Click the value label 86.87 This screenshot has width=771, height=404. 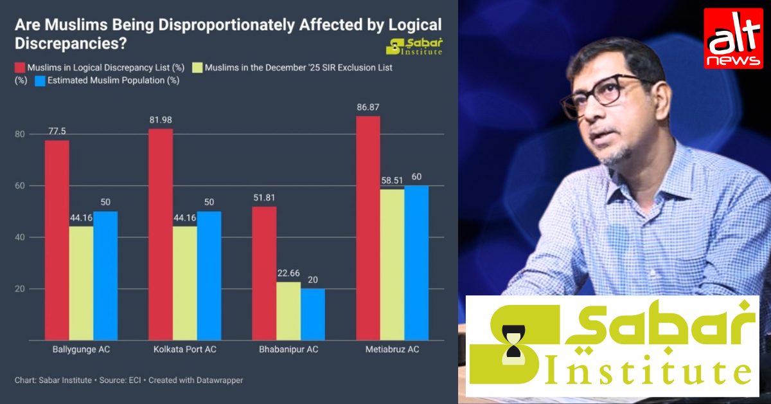(368, 109)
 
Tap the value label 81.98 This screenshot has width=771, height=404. (161, 120)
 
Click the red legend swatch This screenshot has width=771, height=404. (20, 68)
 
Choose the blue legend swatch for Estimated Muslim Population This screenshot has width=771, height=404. (40, 81)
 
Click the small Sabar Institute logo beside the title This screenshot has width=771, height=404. (414, 47)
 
